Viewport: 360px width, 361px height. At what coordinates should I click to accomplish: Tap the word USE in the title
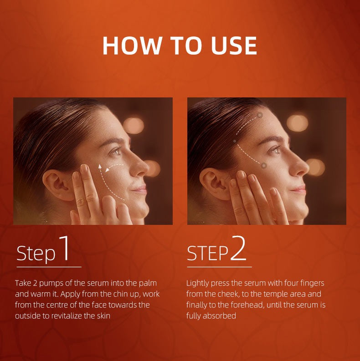pyautogui.click(x=234, y=46)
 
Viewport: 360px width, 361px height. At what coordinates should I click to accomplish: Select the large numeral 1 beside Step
pyautogui.click(x=65, y=248)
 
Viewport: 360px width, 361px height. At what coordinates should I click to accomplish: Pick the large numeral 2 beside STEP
pyautogui.click(x=238, y=248)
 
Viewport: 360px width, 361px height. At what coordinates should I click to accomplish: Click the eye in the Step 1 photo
pyautogui.click(x=117, y=151)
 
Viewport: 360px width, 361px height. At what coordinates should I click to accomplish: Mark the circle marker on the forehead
pyautogui.click(x=260, y=115)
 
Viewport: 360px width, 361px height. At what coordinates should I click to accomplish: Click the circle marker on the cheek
pyautogui.click(x=264, y=165)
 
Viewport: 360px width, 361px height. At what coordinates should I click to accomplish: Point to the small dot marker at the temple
pyautogui.click(x=235, y=141)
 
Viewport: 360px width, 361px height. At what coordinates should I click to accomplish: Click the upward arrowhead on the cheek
pyautogui.click(x=100, y=167)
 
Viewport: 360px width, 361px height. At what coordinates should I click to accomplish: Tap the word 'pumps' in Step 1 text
pyautogui.click(x=51, y=284)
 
